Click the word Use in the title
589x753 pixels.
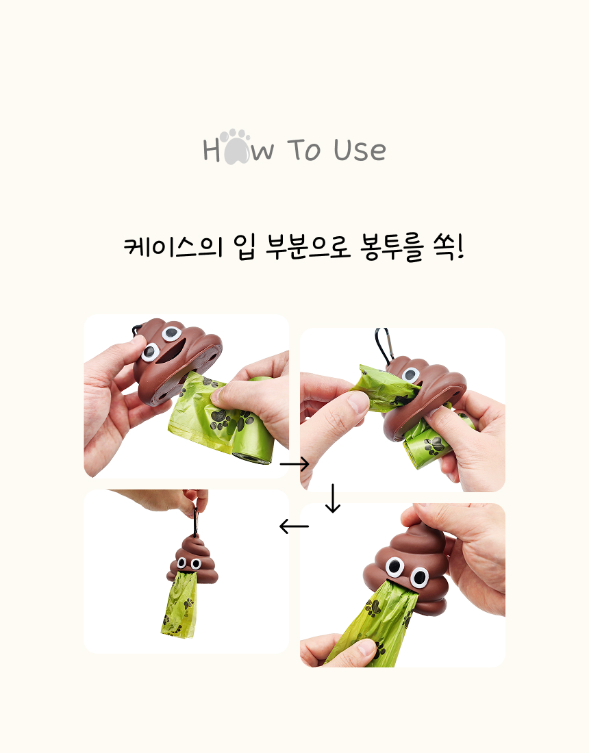click(360, 150)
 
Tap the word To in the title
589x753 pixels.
click(305, 150)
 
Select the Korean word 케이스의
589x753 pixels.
click(173, 247)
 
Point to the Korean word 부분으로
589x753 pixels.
click(308, 247)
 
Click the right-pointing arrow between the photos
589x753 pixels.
click(294, 464)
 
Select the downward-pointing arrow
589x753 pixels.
click(332, 498)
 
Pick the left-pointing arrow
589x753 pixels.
click(294, 526)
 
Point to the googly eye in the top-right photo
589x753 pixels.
click(411, 375)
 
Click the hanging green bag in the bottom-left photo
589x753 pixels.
click(179, 604)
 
